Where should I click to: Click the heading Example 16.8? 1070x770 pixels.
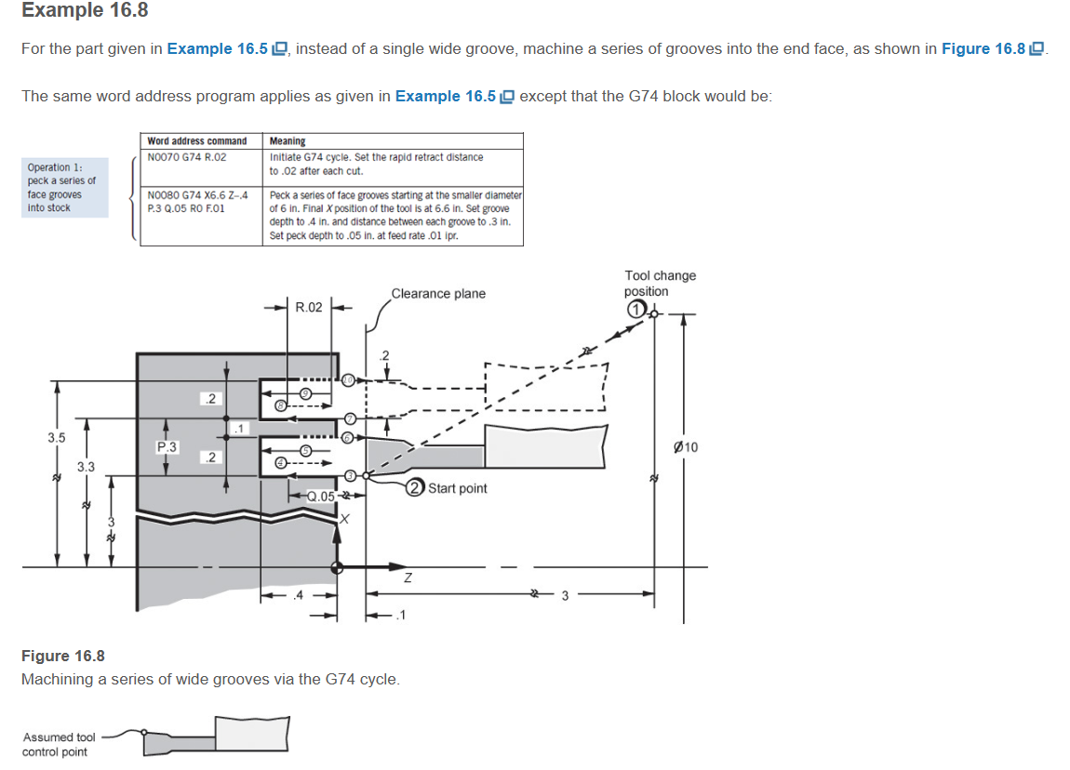pyautogui.click(x=85, y=11)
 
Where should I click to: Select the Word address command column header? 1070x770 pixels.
pyautogui.click(x=197, y=140)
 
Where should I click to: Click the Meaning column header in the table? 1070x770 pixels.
pyautogui.click(x=288, y=140)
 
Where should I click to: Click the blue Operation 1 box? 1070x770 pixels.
pyautogui.click(x=65, y=187)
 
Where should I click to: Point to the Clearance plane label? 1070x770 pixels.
pyautogui.click(x=438, y=294)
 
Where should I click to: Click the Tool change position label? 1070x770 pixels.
pyautogui.click(x=660, y=283)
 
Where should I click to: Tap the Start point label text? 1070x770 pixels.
pyautogui.click(x=457, y=488)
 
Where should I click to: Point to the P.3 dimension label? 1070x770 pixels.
pyautogui.click(x=167, y=446)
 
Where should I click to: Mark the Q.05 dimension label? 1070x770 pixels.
pyautogui.click(x=322, y=496)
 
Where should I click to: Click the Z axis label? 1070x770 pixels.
pyautogui.click(x=406, y=578)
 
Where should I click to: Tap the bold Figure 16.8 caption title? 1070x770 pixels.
pyautogui.click(x=62, y=657)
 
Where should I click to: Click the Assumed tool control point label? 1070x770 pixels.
pyautogui.click(x=59, y=744)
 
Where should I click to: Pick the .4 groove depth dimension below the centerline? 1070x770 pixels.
pyautogui.click(x=298, y=595)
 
